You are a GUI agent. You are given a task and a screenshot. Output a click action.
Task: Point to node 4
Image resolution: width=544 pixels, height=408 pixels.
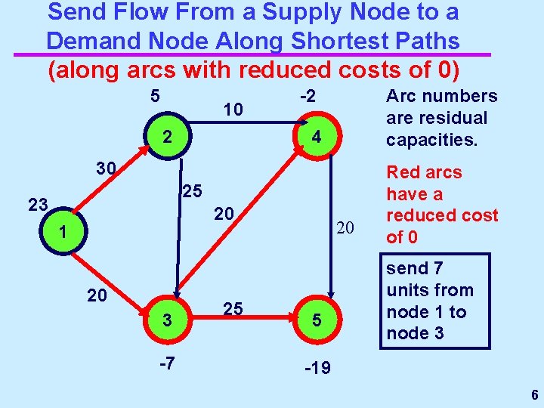[317, 138]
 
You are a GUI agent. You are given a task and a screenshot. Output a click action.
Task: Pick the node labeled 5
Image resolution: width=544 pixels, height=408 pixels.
[317, 320]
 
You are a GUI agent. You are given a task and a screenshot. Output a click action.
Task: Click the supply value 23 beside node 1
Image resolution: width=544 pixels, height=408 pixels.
[38, 204]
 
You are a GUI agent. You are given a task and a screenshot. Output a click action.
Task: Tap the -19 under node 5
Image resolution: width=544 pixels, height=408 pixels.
[317, 369]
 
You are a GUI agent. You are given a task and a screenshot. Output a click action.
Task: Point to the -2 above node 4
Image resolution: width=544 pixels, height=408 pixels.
[306, 96]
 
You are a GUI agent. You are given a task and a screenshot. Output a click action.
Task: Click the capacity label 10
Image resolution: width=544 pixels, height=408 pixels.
[233, 110]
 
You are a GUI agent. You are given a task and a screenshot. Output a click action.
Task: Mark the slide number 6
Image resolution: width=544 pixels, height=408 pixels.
[534, 395]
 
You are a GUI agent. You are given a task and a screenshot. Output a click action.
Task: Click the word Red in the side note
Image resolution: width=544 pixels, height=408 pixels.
[405, 172]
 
